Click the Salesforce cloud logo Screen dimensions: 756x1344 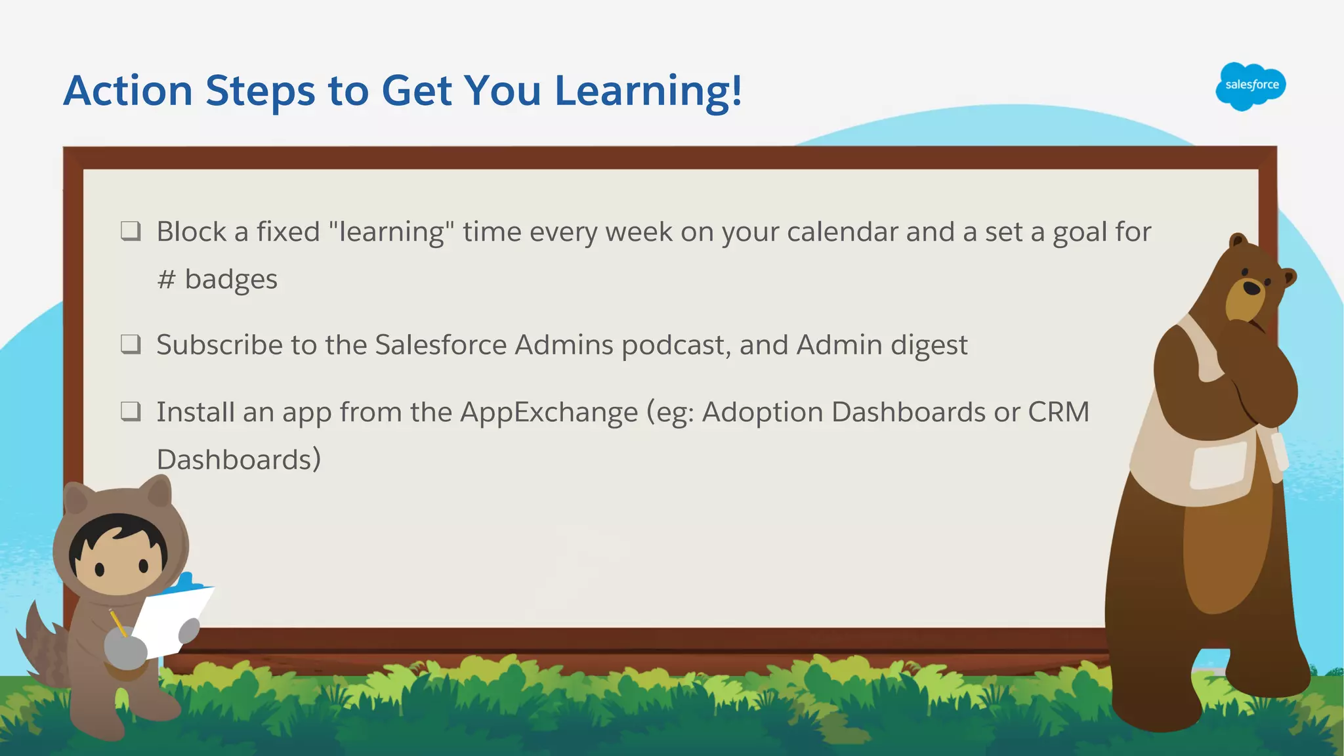pos(1251,86)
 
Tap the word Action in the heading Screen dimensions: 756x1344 pos(128,91)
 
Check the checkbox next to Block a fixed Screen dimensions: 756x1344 pos(131,231)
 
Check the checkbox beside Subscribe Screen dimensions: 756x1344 pos(131,344)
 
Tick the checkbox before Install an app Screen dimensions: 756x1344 pos(131,411)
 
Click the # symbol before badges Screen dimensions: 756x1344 pos(166,280)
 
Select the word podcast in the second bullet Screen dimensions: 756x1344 pos(675,345)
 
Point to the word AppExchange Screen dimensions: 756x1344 pos(549,413)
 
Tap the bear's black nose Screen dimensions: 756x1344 pos(1251,287)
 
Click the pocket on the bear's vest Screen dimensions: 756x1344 pos(1218,465)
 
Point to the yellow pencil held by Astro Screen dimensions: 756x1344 pos(117,621)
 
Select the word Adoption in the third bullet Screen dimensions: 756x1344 pos(762,412)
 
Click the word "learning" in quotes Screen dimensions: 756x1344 pos(391,232)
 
